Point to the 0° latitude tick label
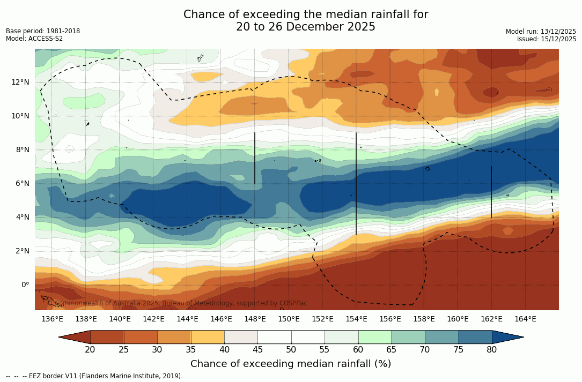tap(24, 284)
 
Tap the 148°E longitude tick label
tap(255, 319)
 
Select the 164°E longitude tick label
tap(525, 319)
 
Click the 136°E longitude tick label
tap(52, 319)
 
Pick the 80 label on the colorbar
tap(491, 350)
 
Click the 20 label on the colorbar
tap(90, 350)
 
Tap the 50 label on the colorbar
tap(291, 350)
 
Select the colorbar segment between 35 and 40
tap(208, 337)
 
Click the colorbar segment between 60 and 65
tap(375, 337)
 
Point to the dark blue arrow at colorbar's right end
tap(507, 337)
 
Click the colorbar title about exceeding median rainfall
tap(290, 364)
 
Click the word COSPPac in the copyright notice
tap(293, 303)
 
